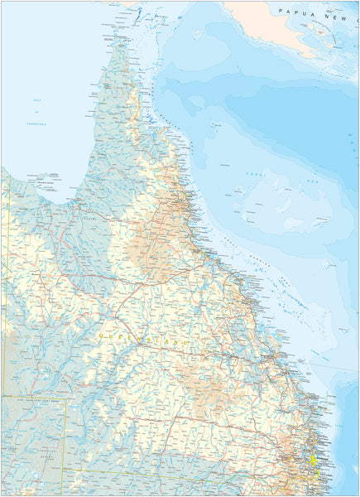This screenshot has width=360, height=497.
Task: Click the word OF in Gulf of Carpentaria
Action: pyautogui.click(x=36, y=110)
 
